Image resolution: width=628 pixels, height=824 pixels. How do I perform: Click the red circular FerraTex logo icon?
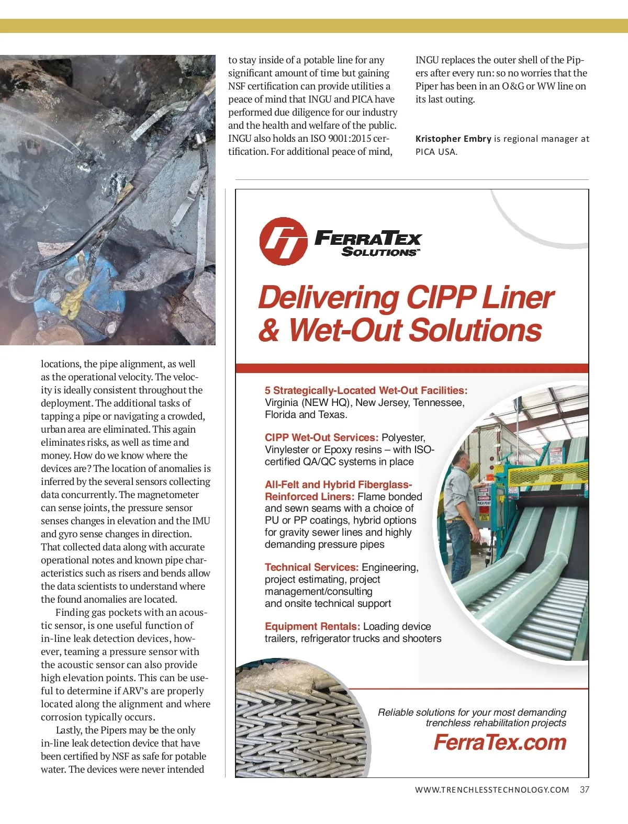point(283,241)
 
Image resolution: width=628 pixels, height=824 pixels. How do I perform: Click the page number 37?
point(585,789)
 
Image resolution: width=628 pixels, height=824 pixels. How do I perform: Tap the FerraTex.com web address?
point(500,742)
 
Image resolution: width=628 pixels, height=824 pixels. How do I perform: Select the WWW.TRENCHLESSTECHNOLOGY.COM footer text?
point(492,790)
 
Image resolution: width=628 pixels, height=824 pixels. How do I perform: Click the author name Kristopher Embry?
point(453,139)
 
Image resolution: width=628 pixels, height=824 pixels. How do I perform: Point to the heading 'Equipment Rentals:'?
point(312,626)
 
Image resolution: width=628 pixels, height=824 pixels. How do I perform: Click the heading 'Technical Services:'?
point(311,567)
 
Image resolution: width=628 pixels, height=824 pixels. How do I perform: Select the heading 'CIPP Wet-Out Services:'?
point(321,437)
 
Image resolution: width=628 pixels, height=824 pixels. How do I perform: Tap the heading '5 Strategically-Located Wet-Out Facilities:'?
point(366,390)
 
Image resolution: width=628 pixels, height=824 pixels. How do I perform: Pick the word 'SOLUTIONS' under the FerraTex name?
point(379,252)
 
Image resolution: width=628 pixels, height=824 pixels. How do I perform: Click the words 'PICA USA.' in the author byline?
point(436,152)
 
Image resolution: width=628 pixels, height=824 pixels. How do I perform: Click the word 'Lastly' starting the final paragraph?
point(68,730)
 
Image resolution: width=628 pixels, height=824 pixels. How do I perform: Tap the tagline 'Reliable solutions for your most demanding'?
point(472,712)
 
